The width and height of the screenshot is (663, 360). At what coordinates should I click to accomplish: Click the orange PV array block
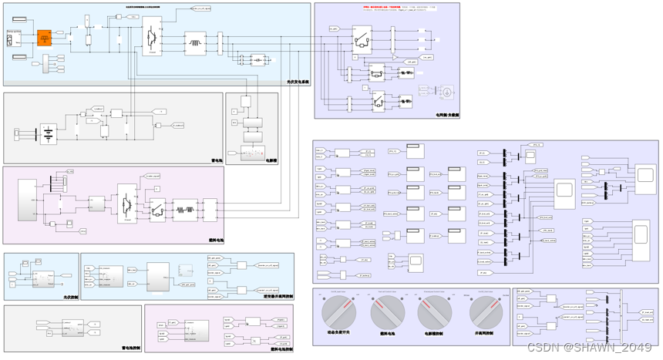(45, 38)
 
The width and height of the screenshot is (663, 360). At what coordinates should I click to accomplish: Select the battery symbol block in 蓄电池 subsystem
(49, 134)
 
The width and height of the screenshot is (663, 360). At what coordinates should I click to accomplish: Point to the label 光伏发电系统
(298, 82)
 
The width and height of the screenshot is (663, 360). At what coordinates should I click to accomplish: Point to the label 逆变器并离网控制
(278, 296)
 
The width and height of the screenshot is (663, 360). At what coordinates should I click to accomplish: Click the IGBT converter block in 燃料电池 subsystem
(126, 204)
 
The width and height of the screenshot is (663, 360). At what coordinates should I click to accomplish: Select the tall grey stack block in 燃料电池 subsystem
(27, 200)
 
